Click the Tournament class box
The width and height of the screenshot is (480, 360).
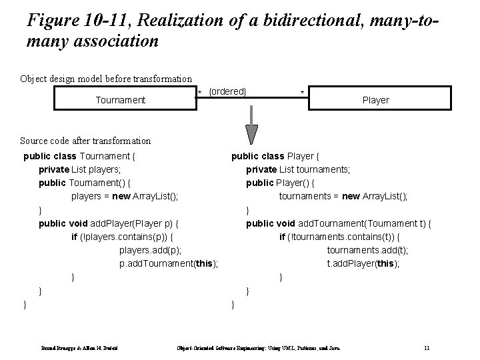point(120,100)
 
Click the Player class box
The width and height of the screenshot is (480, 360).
point(375,100)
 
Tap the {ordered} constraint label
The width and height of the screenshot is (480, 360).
point(228,91)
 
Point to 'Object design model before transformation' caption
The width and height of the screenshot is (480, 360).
point(105,79)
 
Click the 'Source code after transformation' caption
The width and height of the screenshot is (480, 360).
point(85,141)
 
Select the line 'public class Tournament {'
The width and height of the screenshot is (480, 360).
point(79,157)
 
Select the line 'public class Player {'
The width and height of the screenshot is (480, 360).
point(275,157)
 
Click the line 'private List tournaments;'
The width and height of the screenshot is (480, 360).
point(298,170)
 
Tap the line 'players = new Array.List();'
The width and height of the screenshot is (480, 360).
point(125,197)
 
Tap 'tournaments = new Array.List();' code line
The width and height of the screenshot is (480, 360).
point(343,197)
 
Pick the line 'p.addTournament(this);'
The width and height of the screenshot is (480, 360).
point(169,263)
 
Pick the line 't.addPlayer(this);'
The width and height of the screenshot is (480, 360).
point(363,263)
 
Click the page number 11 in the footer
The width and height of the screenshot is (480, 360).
point(427,348)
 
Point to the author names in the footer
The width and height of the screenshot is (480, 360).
point(73,348)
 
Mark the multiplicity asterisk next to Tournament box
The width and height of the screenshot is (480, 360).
point(199,92)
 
